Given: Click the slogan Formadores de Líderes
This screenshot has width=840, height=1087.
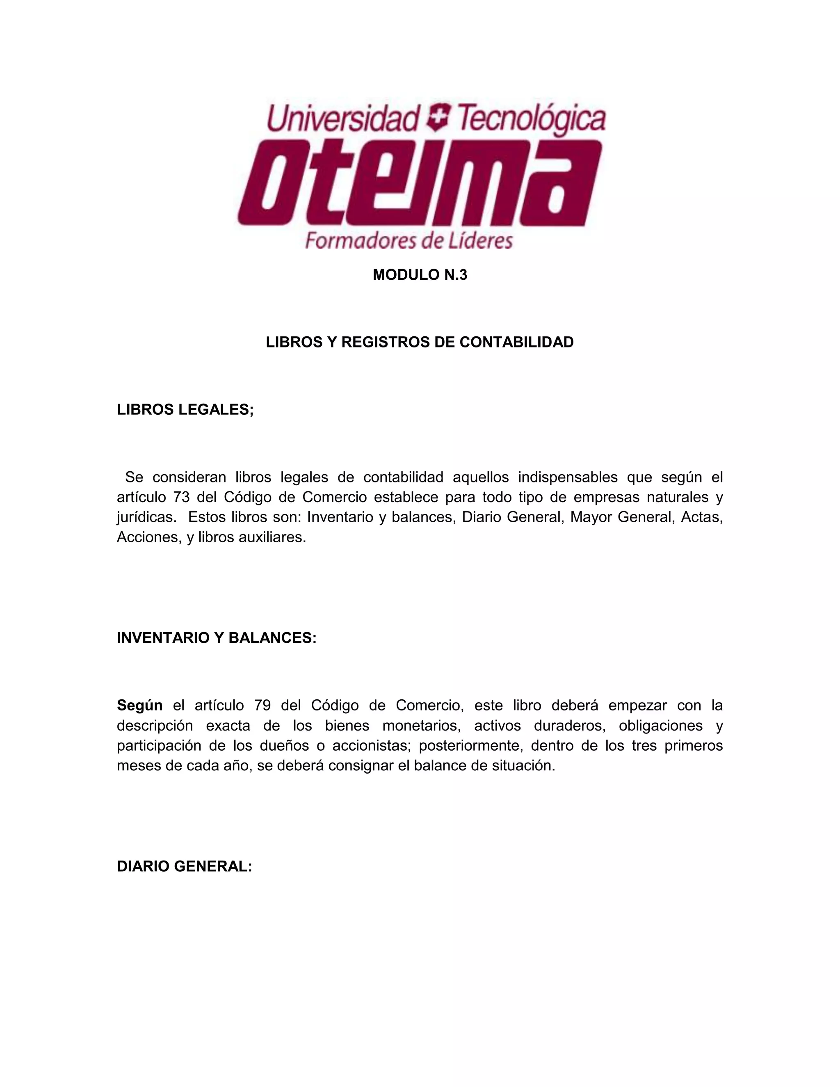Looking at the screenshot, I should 409,241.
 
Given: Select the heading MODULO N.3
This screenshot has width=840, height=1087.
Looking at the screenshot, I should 420,275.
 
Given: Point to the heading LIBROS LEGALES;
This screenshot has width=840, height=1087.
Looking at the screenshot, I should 185,410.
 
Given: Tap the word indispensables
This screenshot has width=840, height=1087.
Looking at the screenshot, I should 567,477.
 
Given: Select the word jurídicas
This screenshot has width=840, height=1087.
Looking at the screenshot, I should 146,517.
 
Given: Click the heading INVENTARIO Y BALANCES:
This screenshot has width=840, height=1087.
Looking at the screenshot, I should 217,638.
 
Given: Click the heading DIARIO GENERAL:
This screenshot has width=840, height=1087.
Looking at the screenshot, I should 184,866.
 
